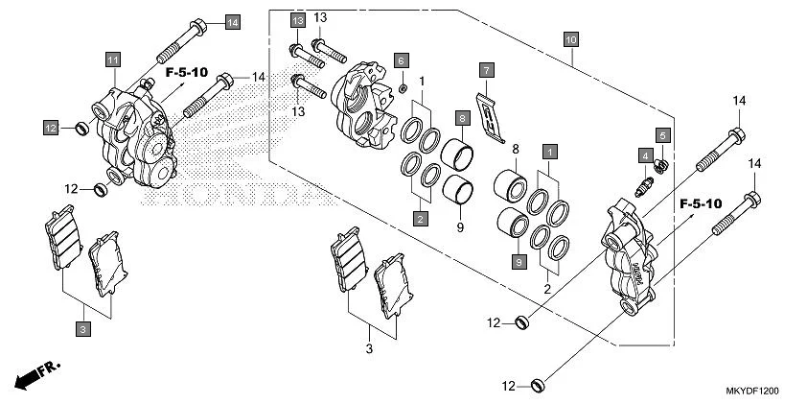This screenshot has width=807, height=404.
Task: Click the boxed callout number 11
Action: pyautogui.click(x=112, y=60)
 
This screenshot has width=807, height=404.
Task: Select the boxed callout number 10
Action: pyautogui.click(x=570, y=40)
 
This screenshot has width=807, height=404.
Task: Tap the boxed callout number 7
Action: pyautogui.click(x=487, y=70)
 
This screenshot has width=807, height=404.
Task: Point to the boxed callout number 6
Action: pyautogui.click(x=403, y=60)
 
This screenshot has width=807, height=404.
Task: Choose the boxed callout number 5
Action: pyautogui.click(x=661, y=134)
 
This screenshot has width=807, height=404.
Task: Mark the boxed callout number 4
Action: pyautogui.click(x=646, y=155)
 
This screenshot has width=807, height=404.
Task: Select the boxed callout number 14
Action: pyautogui.click(x=232, y=21)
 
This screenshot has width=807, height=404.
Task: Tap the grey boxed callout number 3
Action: pyautogui.click(x=83, y=330)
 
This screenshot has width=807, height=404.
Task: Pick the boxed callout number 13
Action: pyautogui.click(x=298, y=20)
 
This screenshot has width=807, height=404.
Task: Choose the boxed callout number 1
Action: pyautogui.click(x=549, y=151)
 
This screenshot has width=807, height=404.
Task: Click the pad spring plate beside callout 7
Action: pyautogui.click(x=491, y=113)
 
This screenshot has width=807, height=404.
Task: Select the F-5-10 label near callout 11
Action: pyautogui.click(x=186, y=72)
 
